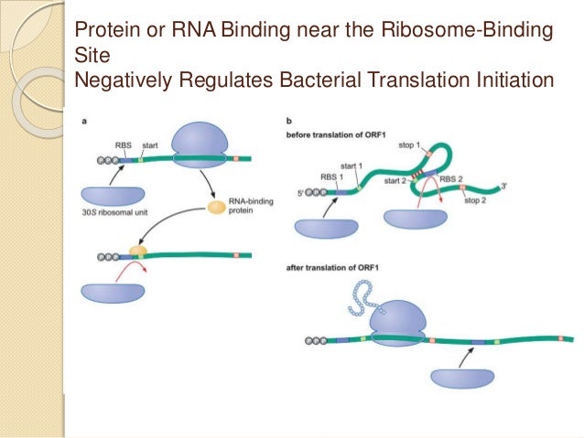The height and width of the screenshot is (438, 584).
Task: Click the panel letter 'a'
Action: coord(84,122)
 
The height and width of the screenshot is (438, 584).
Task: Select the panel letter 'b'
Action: coord(289,122)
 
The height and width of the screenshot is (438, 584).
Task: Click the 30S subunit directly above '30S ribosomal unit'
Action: coord(113,196)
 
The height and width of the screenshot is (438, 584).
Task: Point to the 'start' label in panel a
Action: coord(150,144)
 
